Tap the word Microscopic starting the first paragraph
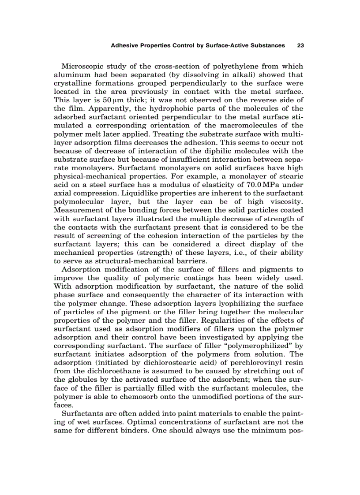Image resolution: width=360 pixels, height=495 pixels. (x=83, y=67)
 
